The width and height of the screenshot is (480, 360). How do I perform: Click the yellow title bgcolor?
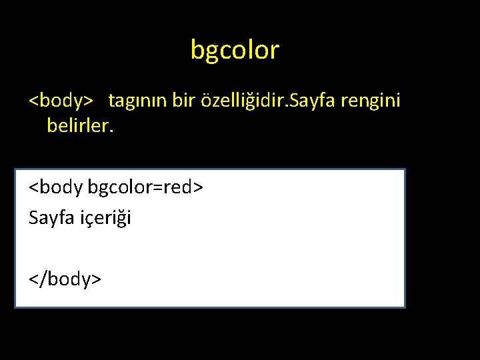235,50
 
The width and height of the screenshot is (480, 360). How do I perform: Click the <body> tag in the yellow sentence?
61,101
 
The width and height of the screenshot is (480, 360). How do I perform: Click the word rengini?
370,101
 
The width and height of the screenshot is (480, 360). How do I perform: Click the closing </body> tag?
65,278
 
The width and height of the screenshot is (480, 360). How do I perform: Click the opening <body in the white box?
56,187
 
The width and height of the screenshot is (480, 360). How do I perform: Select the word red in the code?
177,187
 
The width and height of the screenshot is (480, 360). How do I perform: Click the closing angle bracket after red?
197,188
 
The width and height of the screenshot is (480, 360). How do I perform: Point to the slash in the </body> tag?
43,278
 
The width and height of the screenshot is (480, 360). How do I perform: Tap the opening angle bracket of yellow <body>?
33,102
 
